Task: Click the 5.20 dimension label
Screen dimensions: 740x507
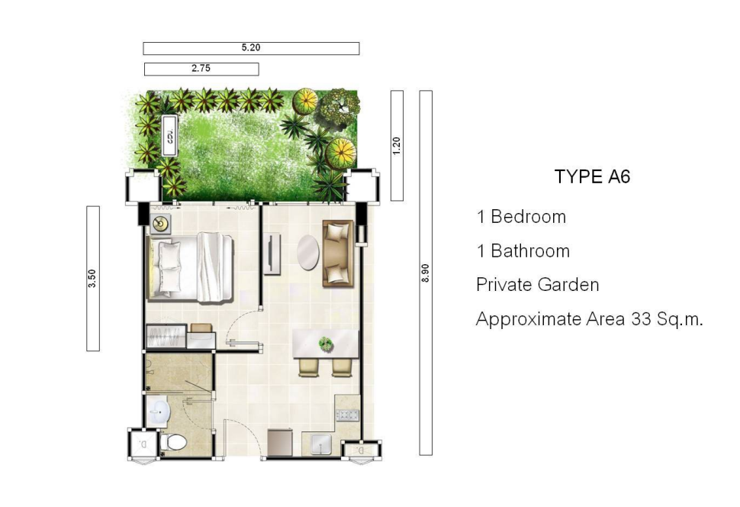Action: pos(250,48)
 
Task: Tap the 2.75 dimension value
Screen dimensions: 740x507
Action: pos(201,69)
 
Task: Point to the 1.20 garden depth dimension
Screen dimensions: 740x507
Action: pos(397,146)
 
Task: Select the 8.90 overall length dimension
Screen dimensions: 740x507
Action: pos(425,273)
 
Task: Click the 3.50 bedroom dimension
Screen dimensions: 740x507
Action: pos(92,278)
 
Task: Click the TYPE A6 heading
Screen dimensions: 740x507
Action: pos(592,176)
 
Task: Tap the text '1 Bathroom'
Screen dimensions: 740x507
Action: pos(523,251)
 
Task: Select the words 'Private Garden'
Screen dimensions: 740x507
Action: pos(538,285)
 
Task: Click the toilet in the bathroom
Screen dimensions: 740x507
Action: pos(174,442)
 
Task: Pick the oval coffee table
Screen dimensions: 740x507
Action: pos(308,252)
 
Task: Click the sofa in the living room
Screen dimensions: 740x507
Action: pos(338,253)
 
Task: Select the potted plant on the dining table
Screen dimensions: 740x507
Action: pos(325,344)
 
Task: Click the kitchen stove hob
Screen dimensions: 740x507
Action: pos(348,415)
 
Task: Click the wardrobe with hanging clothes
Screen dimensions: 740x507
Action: pos(166,337)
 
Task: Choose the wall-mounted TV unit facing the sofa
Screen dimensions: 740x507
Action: pos(272,253)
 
